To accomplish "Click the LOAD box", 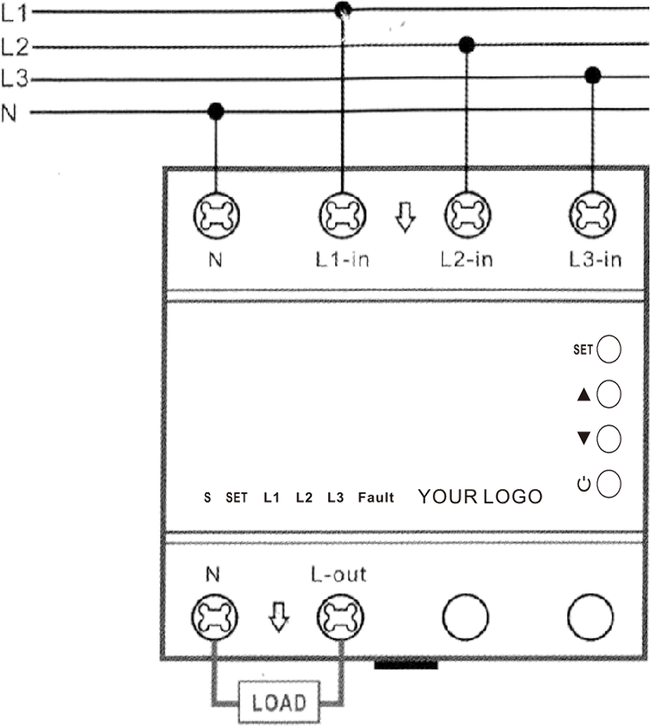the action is (x=279, y=702).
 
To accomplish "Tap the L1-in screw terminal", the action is (x=343, y=216).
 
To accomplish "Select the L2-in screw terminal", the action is (x=467, y=215).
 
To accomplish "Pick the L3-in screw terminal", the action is (x=592, y=215).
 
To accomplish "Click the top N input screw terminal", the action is (x=216, y=216).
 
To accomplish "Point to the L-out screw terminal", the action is (x=340, y=617).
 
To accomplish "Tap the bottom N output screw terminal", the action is (x=215, y=617).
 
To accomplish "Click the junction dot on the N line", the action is (x=216, y=112).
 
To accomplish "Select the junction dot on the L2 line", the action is (x=467, y=45).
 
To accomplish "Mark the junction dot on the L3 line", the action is (x=592, y=75).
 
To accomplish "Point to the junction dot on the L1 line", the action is (x=343, y=9).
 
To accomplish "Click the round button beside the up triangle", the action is (x=609, y=394).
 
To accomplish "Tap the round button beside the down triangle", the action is (x=609, y=439).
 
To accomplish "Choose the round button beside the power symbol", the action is (x=609, y=483).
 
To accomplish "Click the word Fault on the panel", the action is (x=376, y=497).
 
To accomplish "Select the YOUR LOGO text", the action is (x=480, y=496).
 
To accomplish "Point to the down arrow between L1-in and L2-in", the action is (x=405, y=216).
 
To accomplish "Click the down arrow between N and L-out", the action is (x=279, y=617).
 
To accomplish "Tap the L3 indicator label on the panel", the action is (x=336, y=497).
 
